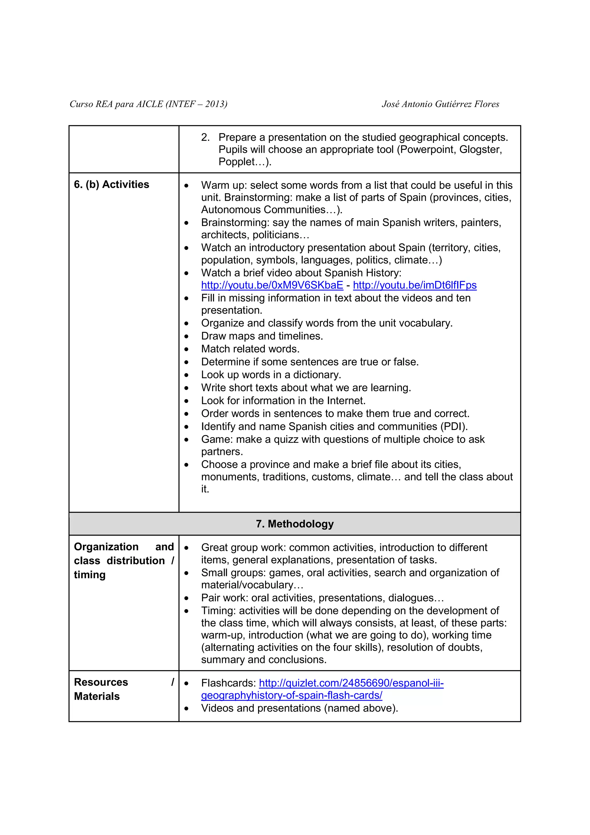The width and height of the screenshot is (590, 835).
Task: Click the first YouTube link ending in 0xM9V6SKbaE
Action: [272, 285]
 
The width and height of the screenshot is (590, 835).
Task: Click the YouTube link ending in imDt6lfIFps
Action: [415, 285]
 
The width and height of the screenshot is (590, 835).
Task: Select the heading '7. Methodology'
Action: [294, 524]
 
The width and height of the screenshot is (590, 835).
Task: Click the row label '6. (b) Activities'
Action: [111, 184]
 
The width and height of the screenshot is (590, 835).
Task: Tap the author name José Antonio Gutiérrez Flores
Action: [440, 104]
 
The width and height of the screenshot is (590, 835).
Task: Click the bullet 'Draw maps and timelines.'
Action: [262, 336]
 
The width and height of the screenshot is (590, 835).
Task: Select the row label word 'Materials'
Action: [97, 696]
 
